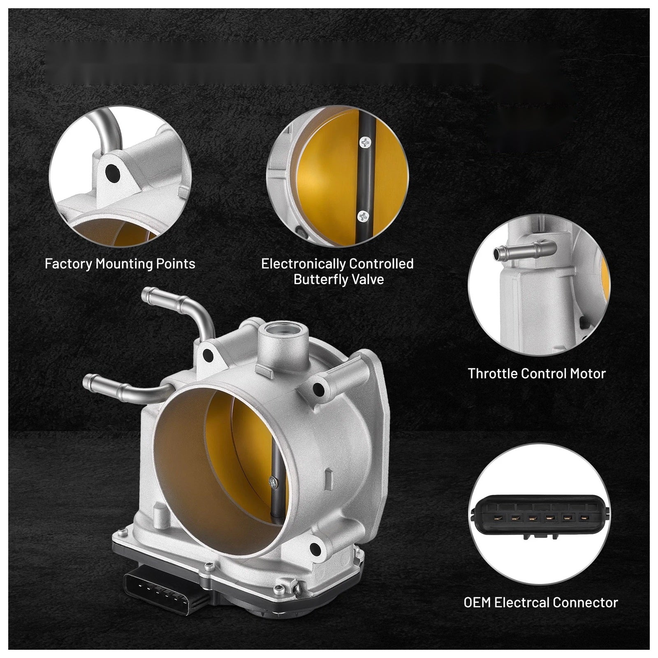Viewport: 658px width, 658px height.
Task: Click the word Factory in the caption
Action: (68, 264)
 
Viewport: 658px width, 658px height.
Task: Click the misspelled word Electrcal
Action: (522, 602)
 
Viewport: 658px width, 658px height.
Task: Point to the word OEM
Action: (477, 602)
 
